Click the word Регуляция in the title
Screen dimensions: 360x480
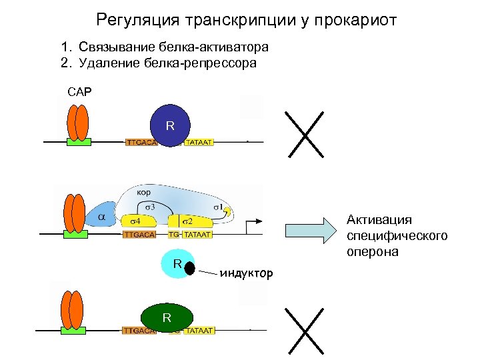[136, 21]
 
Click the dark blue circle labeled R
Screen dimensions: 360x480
[170, 124]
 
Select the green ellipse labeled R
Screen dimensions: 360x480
[167, 317]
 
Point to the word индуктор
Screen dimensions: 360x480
[246, 273]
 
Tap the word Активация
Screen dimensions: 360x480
[379, 220]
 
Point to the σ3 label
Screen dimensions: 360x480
[150, 206]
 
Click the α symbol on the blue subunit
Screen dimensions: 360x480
[102, 217]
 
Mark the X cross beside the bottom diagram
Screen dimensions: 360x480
[304, 331]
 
